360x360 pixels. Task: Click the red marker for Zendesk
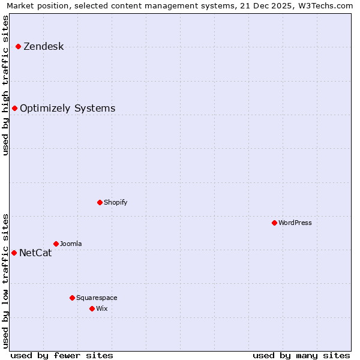(x=18, y=46)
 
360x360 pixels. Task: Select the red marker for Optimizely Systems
(x=14, y=108)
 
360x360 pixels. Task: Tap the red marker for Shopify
(x=100, y=202)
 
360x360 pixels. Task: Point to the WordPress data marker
(x=274, y=223)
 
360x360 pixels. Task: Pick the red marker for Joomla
(x=56, y=244)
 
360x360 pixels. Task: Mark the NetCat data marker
(x=14, y=253)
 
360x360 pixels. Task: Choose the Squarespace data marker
(x=72, y=298)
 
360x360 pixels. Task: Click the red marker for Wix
(x=92, y=308)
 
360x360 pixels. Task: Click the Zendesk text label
(x=43, y=47)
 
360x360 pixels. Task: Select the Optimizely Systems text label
(x=67, y=109)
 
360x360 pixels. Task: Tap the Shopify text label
(x=115, y=203)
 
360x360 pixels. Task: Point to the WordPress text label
(x=295, y=223)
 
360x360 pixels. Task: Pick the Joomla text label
(x=71, y=244)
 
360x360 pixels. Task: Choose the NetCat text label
(x=35, y=253)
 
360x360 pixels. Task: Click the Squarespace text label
(x=97, y=298)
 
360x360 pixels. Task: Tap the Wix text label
(x=102, y=309)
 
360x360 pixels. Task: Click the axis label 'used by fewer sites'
(x=62, y=356)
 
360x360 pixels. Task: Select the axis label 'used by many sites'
(x=301, y=356)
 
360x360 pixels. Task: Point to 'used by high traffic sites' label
(x=6, y=85)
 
